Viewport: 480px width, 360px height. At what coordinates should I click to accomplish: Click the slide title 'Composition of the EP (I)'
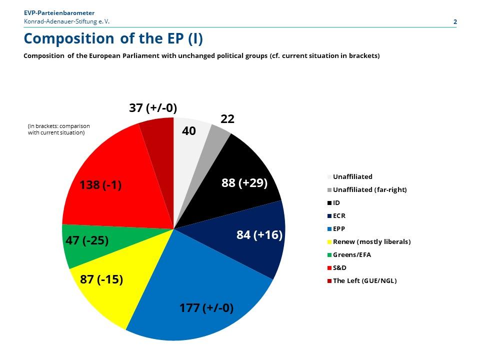pyautogui.click(x=113, y=39)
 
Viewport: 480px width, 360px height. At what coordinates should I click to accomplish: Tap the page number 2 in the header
pyautogui.click(x=455, y=21)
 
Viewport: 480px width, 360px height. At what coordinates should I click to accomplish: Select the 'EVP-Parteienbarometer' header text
pyautogui.click(x=59, y=13)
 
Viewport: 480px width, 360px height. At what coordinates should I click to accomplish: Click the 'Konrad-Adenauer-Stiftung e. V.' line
pyautogui.click(x=66, y=21)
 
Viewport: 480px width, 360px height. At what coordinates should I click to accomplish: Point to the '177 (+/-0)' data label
pyautogui.click(x=206, y=307)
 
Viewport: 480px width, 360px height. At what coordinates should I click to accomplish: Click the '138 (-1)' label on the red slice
pyautogui.click(x=100, y=185)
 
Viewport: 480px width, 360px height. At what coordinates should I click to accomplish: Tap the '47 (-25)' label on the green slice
pyautogui.click(x=87, y=240)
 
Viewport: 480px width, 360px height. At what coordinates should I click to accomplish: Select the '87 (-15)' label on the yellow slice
pyautogui.click(x=101, y=279)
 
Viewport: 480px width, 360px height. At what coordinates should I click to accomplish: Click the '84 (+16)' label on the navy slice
pyautogui.click(x=259, y=235)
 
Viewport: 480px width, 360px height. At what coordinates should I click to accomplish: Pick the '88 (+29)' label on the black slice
pyautogui.click(x=244, y=183)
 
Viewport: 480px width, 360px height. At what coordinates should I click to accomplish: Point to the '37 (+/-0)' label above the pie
pyautogui.click(x=153, y=108)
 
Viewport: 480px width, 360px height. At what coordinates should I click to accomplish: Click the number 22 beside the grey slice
pyautogui.click(x=227, y=119)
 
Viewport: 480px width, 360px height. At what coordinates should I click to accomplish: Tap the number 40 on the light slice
pyautogui.click(x=189, y=130)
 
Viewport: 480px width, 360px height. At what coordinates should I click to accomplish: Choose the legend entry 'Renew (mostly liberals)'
pyautogui.click(x=369, y=242)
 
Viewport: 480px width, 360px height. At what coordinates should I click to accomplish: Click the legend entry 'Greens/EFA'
pyautogui.click(x=349, y=254)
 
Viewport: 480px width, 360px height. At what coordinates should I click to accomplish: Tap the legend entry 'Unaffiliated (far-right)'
pyautogui.click(x=367, y=190)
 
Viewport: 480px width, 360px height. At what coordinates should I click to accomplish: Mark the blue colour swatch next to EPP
pyautogui.click(x=329, y=229)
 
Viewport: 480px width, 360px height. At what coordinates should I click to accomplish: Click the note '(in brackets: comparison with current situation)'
pyautogui.click(x=59, y=129)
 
